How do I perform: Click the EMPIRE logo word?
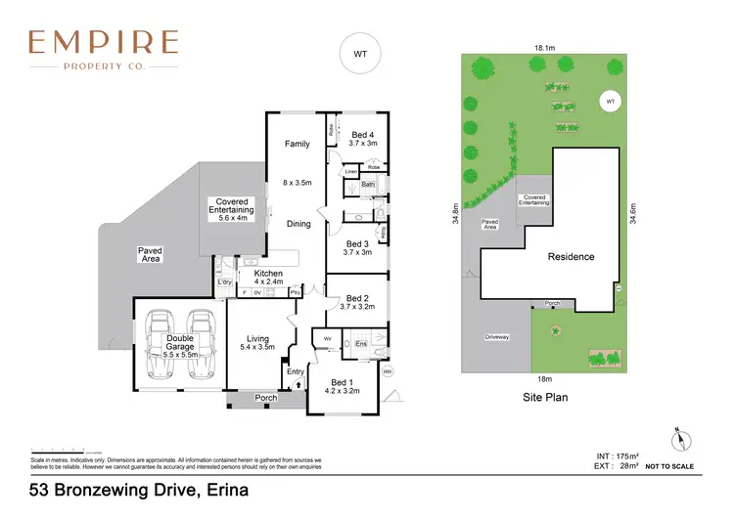pyautogui.click(x=103, y=42)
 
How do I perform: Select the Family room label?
pyautogui.click(x=298, y=144)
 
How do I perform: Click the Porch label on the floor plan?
pyautogui.click(x=264, y=398)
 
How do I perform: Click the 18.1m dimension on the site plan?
pyautogui.click(x=545, y=47)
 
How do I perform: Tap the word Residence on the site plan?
pyautogui.click(x=571, y=257)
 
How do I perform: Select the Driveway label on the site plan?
pyautogui.click(x=497, y=337)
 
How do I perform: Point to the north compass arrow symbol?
pyautogui.click(x=675, y=437)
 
